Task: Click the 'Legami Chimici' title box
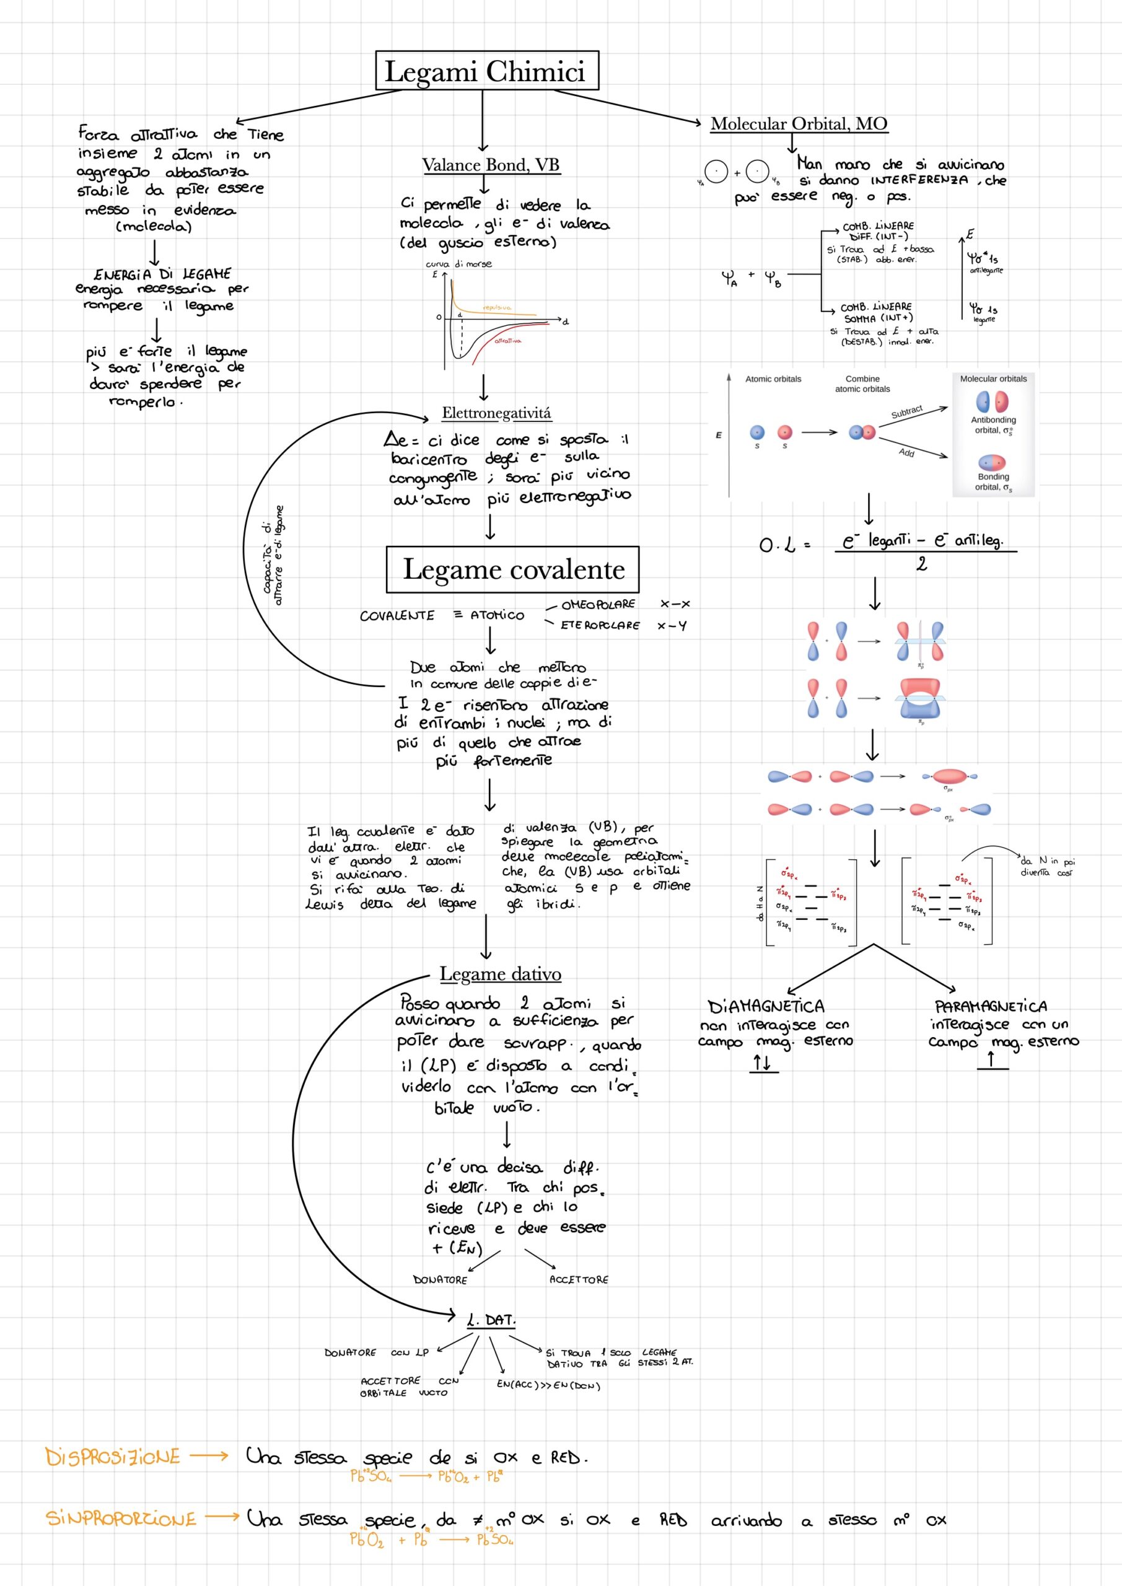pos(486,71)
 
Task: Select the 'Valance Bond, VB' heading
pos(491,165)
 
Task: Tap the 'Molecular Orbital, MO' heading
pos(799,124)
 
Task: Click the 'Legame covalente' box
pos(512,570)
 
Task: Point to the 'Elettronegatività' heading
pos(497,413)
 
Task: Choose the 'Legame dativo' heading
pos(500,974)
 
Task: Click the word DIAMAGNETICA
pos(766,1005)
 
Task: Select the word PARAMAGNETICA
pos(991,1005)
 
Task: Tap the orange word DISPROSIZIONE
pos(113,1457)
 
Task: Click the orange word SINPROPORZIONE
pos(121,1519)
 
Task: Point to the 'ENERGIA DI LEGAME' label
pos(162,274)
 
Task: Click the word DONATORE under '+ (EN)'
pos(440,1279)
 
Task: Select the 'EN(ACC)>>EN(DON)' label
pos(548,1385)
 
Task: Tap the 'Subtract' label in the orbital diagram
pos(906,412)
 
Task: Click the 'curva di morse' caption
pos(458,264)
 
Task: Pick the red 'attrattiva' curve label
pos(508,341)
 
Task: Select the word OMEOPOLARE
pos(598,605)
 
